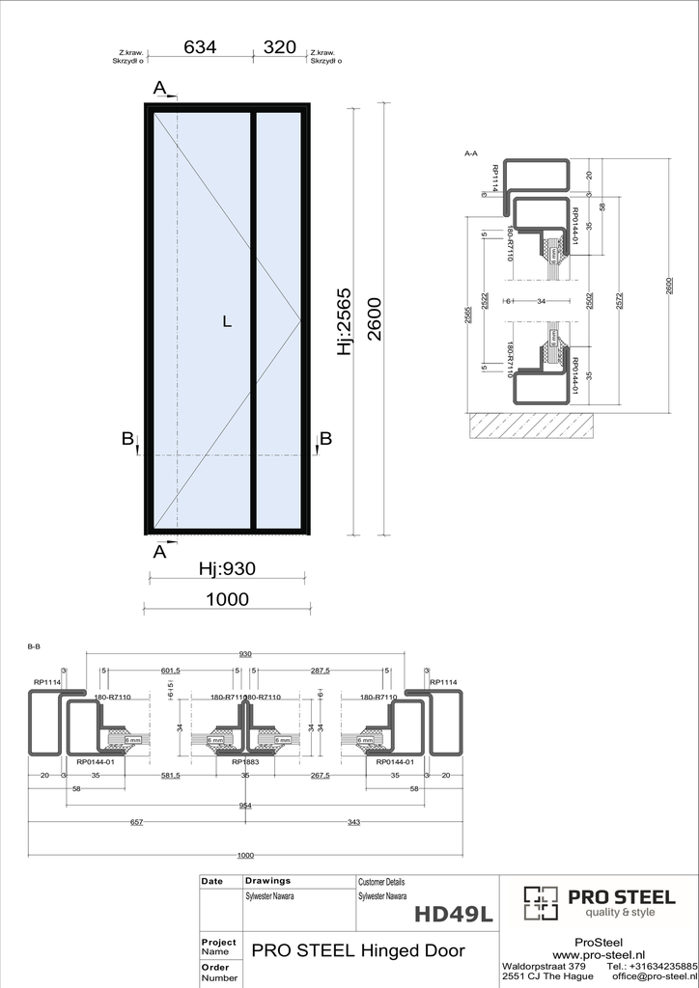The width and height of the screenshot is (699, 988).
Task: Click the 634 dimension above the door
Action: (x=200, y=46)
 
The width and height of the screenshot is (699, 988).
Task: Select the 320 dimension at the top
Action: (x=279, y=46)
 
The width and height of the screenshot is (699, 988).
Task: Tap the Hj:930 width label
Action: (x=227, y=569)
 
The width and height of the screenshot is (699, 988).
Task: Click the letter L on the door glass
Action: (x=227, y=322)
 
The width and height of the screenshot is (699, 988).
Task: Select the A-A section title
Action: (x=471, y=152)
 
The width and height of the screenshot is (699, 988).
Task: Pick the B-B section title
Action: (x=34, y=647)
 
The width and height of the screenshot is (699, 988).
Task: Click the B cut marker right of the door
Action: (x=325, y=439)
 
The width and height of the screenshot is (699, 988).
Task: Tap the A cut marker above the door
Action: (x=159, y=89)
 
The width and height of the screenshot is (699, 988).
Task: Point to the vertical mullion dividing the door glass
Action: (x=254, y=321)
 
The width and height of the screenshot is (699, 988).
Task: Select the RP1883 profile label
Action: (x=244, y=761)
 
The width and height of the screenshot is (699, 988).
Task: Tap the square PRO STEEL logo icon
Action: (x=541, y=903)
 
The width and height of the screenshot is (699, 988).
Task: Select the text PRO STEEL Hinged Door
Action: (x=358, y=950)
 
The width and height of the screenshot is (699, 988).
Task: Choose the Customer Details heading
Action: (x=381, y=882)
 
